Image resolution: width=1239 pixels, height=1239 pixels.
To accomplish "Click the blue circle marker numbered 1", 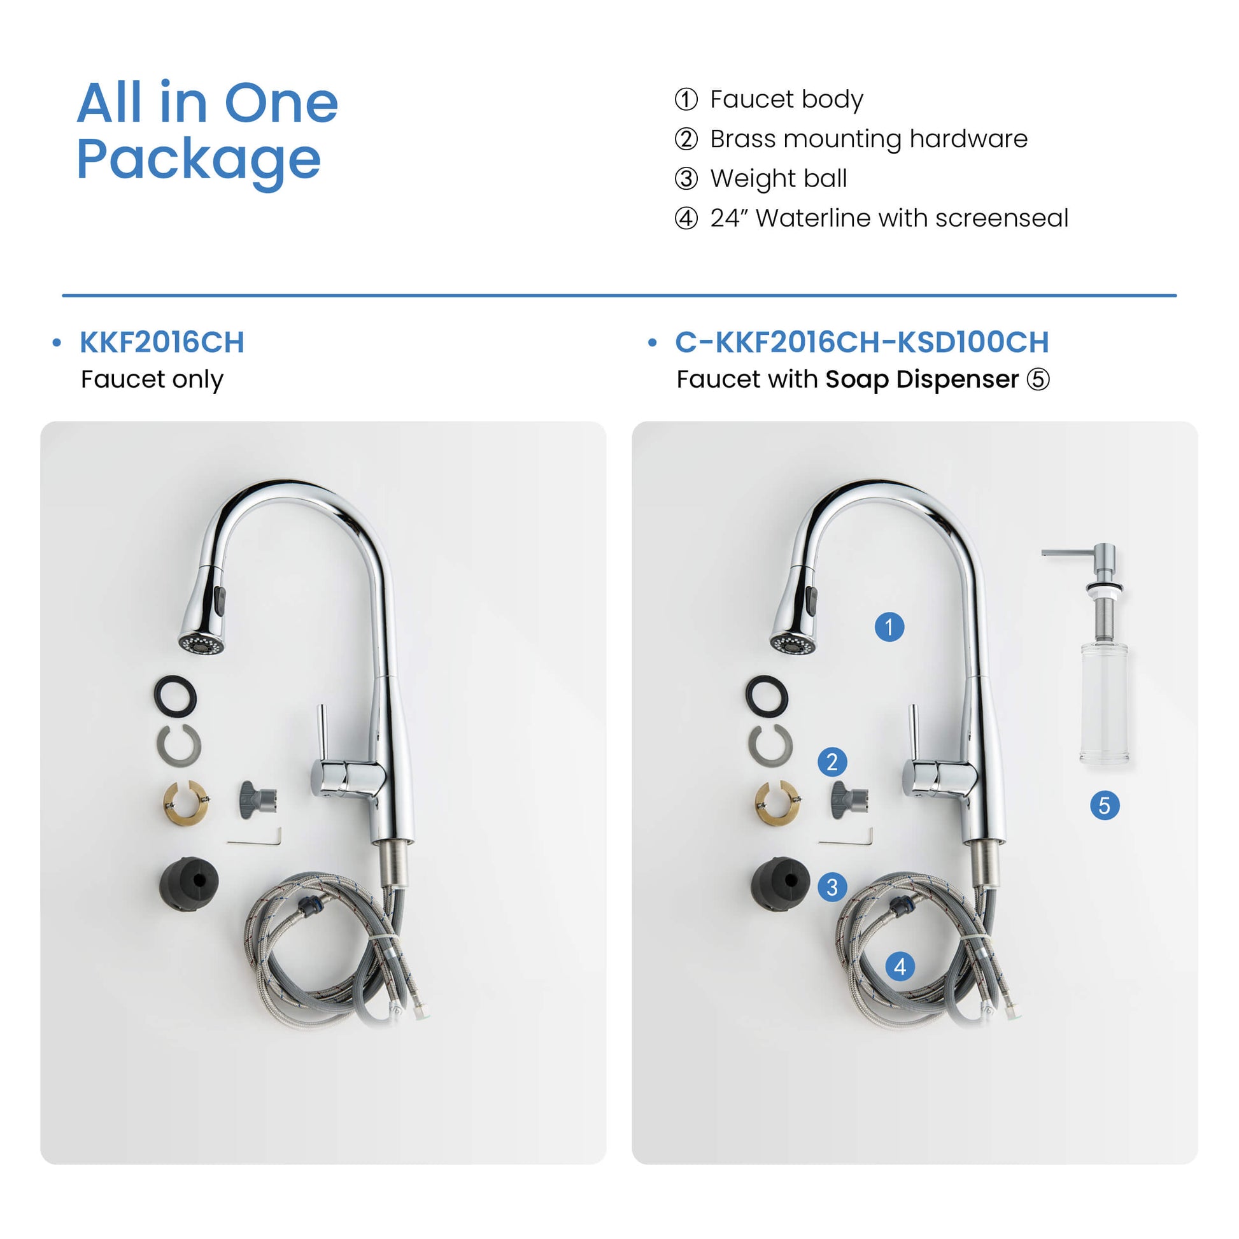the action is pos(889,627).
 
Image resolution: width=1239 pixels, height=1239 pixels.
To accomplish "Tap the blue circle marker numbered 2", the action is pos(832,762).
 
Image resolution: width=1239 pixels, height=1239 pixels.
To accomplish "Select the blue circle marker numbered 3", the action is pos(832,887).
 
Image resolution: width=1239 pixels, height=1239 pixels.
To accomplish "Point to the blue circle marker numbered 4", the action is pos(900,966).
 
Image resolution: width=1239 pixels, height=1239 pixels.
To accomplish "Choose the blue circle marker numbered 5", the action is pos(1104,805).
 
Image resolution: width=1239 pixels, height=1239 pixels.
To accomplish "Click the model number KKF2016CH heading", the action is pos(162,342).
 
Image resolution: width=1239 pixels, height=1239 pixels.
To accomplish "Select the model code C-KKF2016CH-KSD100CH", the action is pos(861,342).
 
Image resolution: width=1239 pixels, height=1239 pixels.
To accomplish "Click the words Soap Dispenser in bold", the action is pos(921,379).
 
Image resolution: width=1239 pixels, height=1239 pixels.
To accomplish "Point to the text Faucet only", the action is pos(152,379).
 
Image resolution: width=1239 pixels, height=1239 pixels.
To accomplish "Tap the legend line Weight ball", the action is pos(761,178).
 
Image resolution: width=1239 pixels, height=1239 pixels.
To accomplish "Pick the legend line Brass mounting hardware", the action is pos(851,139).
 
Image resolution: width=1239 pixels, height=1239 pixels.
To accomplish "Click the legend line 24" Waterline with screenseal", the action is pos(872,218).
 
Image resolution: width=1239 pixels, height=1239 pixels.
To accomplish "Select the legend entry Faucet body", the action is pos(769,99).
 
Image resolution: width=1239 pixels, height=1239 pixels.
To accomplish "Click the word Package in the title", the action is pos(199,160).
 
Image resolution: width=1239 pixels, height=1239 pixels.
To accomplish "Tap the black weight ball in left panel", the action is pos(188,883).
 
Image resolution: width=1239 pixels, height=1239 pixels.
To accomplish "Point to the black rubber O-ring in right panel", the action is pos(767,696).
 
